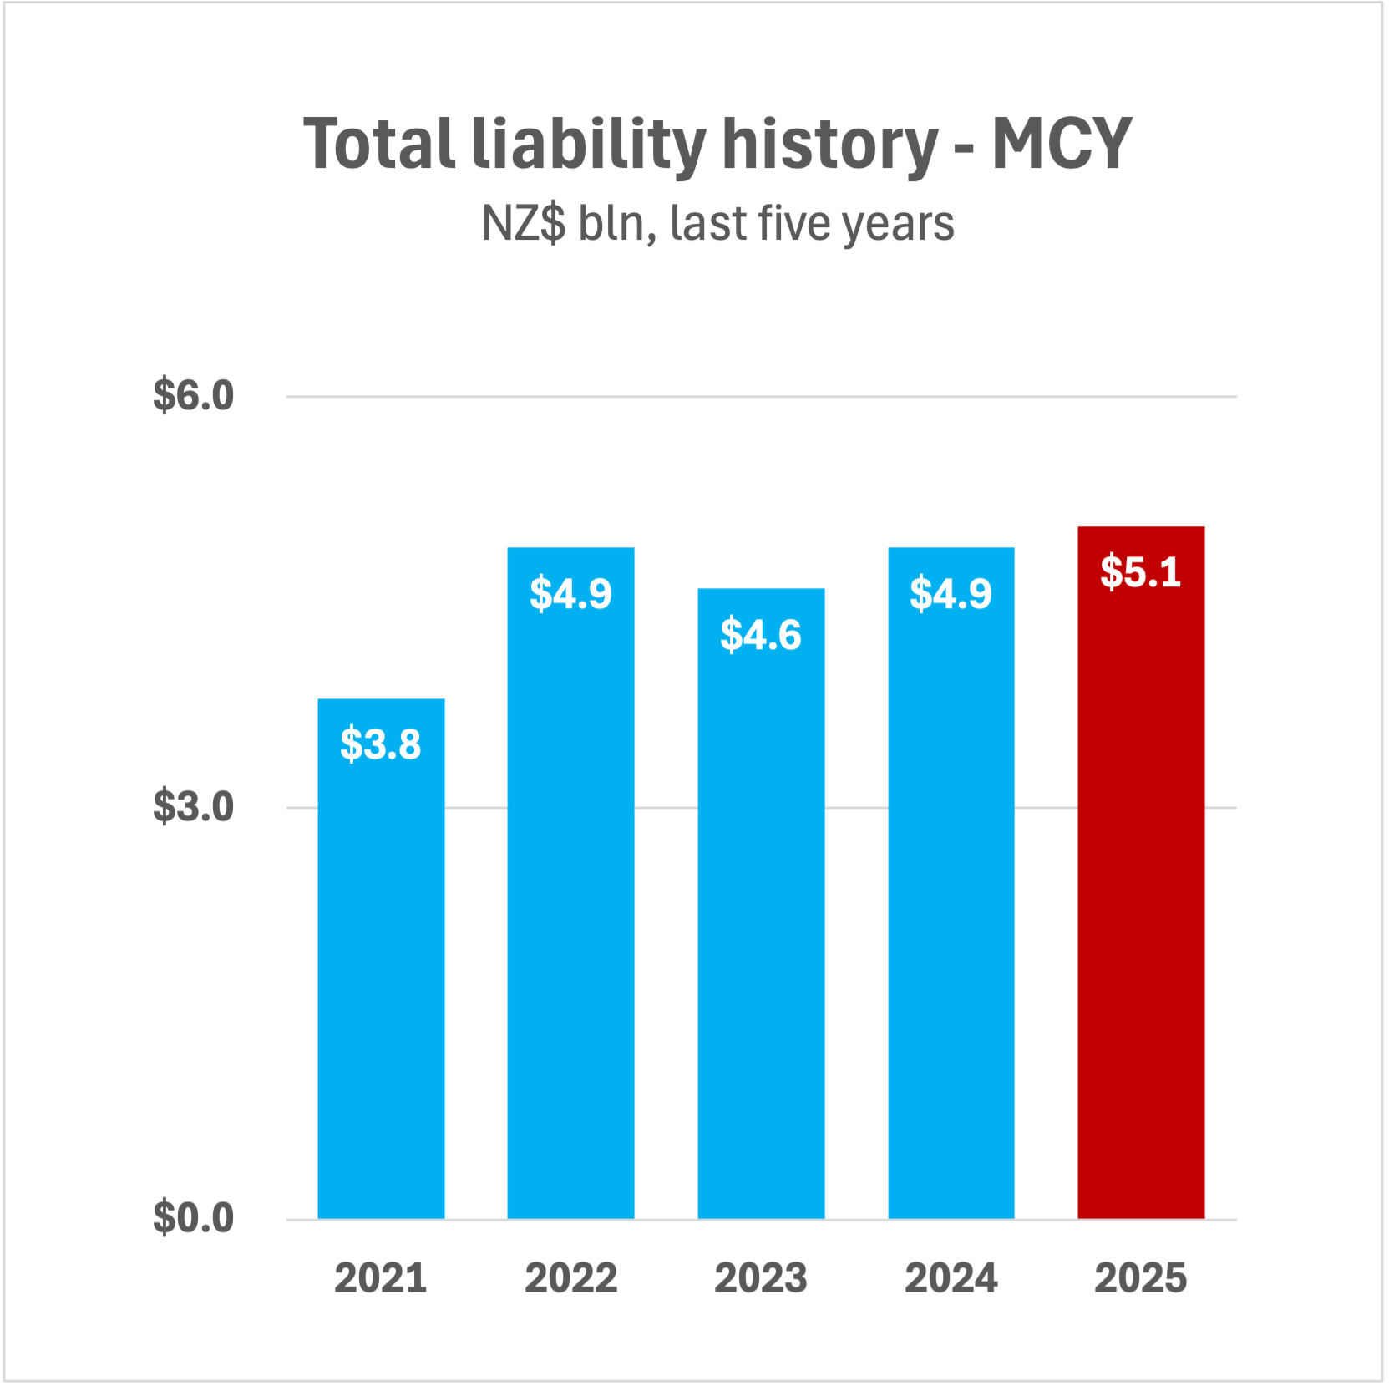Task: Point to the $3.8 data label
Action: (381, 744)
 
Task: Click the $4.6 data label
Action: (761, 634)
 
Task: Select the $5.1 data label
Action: (1141, 572)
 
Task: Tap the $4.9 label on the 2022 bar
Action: (570, 593)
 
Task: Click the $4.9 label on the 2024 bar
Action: (951, 593)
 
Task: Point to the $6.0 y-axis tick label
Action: (193, 395)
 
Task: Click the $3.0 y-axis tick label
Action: (193, 807)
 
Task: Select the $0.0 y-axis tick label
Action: (193, 1218)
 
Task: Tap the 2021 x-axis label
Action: (381, 1278)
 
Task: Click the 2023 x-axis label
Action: (761, 1278)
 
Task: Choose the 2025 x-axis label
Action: (1141, 1278)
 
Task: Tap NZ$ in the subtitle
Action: (524, 224)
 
